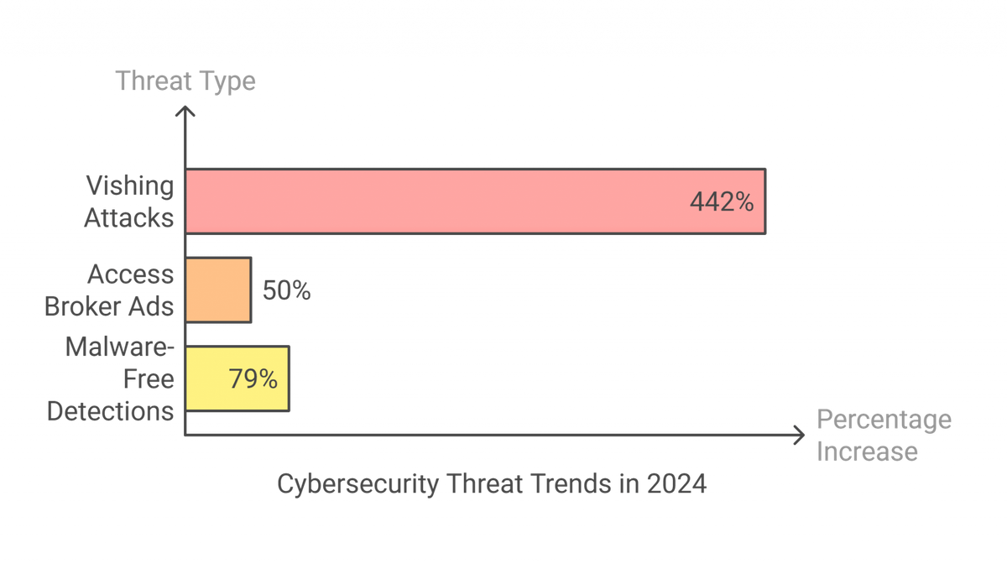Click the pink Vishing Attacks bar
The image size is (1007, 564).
click(x=474, y=201)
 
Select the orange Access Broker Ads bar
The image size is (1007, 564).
click(x=218, y=290)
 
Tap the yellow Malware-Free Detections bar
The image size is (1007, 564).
click(x=237, y=379)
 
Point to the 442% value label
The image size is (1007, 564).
click(x=722, y=201)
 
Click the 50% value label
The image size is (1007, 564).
click(x=287, y=291)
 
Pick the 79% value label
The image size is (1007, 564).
click(x=253, y=379)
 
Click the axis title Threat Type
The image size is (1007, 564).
click(x=185, y=81)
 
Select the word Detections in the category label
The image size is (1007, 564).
click(x=111, y=411)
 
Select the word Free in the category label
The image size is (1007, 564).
click(x=148, y=380)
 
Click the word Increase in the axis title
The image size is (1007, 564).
click(x=867, y=452)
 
